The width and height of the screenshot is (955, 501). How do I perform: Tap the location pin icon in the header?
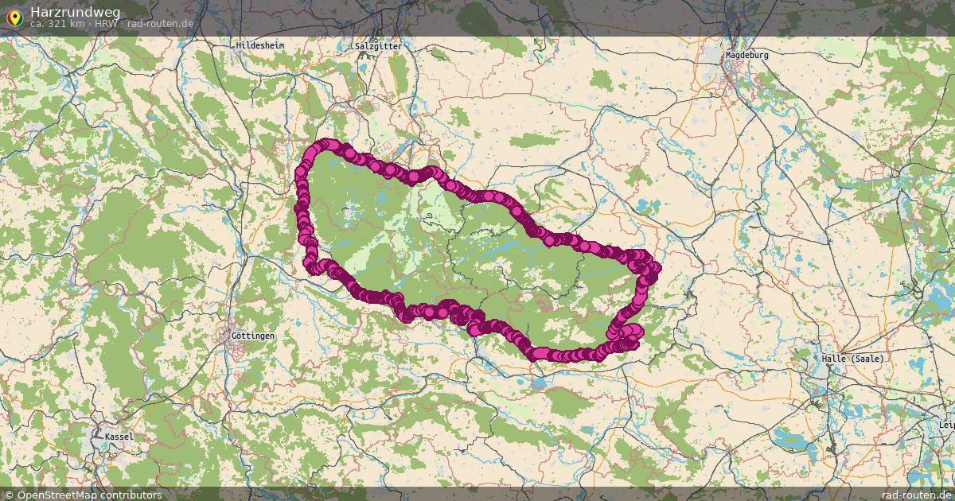[14, 16]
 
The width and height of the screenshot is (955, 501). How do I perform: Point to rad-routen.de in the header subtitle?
[160, 24]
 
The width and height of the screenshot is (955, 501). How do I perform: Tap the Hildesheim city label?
[259, 46]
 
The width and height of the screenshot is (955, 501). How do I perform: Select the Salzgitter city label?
[379, 46]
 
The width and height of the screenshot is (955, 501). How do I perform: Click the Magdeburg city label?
[747, 56]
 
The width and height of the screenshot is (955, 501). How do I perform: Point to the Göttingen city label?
[252, 336]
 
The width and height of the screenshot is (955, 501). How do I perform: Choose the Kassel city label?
[119, 437]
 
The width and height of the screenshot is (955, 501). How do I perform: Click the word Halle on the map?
[834, 359]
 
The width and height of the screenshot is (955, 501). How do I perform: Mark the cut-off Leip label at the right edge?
[946, 425]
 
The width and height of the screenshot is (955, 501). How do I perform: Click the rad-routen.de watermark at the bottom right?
[910, 495]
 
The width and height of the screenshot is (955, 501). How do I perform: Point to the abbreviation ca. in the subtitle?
[37, 24]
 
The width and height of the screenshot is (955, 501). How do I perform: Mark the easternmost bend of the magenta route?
[655, 269]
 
